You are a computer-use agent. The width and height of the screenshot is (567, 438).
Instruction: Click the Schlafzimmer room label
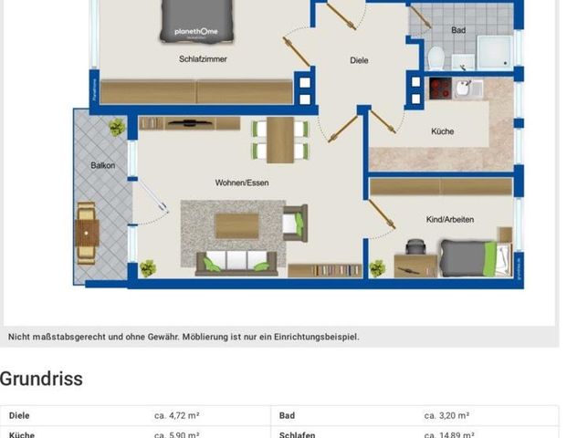pyautogui.click(x=203, y=59)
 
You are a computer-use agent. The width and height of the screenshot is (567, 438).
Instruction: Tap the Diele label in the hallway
pyautogui.click(x=359, y=61)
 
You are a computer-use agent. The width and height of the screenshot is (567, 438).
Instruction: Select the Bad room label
pyautogui.click(x=458, y=30)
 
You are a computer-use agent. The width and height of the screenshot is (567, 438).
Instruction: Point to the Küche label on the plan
pyautogui.click(x=442, y=131)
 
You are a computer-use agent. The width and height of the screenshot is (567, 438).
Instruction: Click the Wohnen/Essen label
pyautogui.click(x=242, y=182)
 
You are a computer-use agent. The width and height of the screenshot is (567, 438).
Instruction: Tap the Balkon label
pyautogui.click(x=103, y=166)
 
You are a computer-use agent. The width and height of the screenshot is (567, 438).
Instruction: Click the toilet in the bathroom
pyautogui.click(x=436, y=57)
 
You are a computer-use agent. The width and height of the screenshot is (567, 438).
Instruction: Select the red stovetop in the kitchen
pyautogui.click(x=439, y=89)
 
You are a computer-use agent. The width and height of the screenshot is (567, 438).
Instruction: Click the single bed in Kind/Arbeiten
pyautogui.click(x=469, y=257)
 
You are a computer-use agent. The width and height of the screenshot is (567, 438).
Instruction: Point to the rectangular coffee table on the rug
pyautogui.click(x=236, y=224)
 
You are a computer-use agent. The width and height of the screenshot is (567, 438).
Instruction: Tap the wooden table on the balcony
pyautogui.click(x=87, y=232)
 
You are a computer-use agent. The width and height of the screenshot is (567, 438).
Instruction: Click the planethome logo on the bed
pyautogui.click(x=197, y=30)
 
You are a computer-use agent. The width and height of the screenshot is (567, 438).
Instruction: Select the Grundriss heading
pyautogui.click(x=41, y=379)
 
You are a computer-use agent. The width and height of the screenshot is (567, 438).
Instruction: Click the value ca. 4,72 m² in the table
pyautogui.click(x=178, y=415)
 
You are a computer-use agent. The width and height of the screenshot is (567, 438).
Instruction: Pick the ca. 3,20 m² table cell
pyautogui.click(x=446, y=415)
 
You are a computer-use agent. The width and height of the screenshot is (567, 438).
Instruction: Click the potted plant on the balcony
pyautogui.click(x=116, y=128)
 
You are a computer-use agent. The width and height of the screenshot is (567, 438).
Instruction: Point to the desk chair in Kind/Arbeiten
pyautogui.click(x=415, y=247)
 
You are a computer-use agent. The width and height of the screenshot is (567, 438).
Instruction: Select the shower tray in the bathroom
pyautogui.click(x=494, y=52)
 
